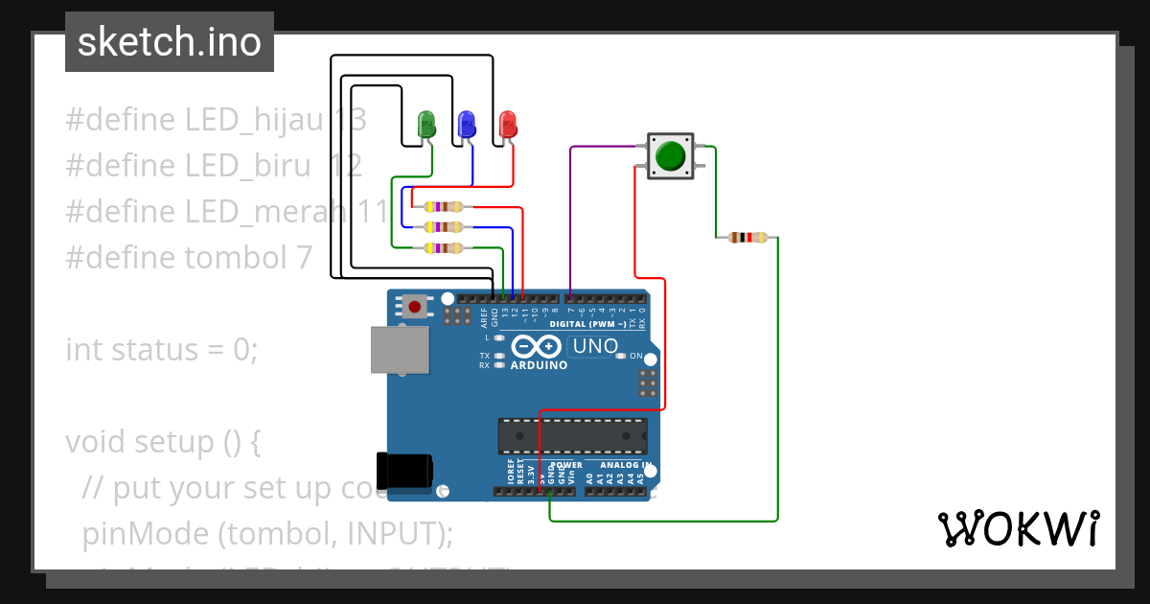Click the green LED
[426, 124]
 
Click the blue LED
[467, 123]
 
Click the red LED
[508, 123]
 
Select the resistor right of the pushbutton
[748, 238]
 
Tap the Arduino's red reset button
[415, 307]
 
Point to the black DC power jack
[403, 470]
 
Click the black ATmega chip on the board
[571, 435]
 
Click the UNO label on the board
[595, 346]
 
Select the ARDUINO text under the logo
[539, 365]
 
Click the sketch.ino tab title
[170, 42]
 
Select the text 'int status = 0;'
[161, 349]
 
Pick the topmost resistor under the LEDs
[445, 207]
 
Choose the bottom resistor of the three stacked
[445, 248]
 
